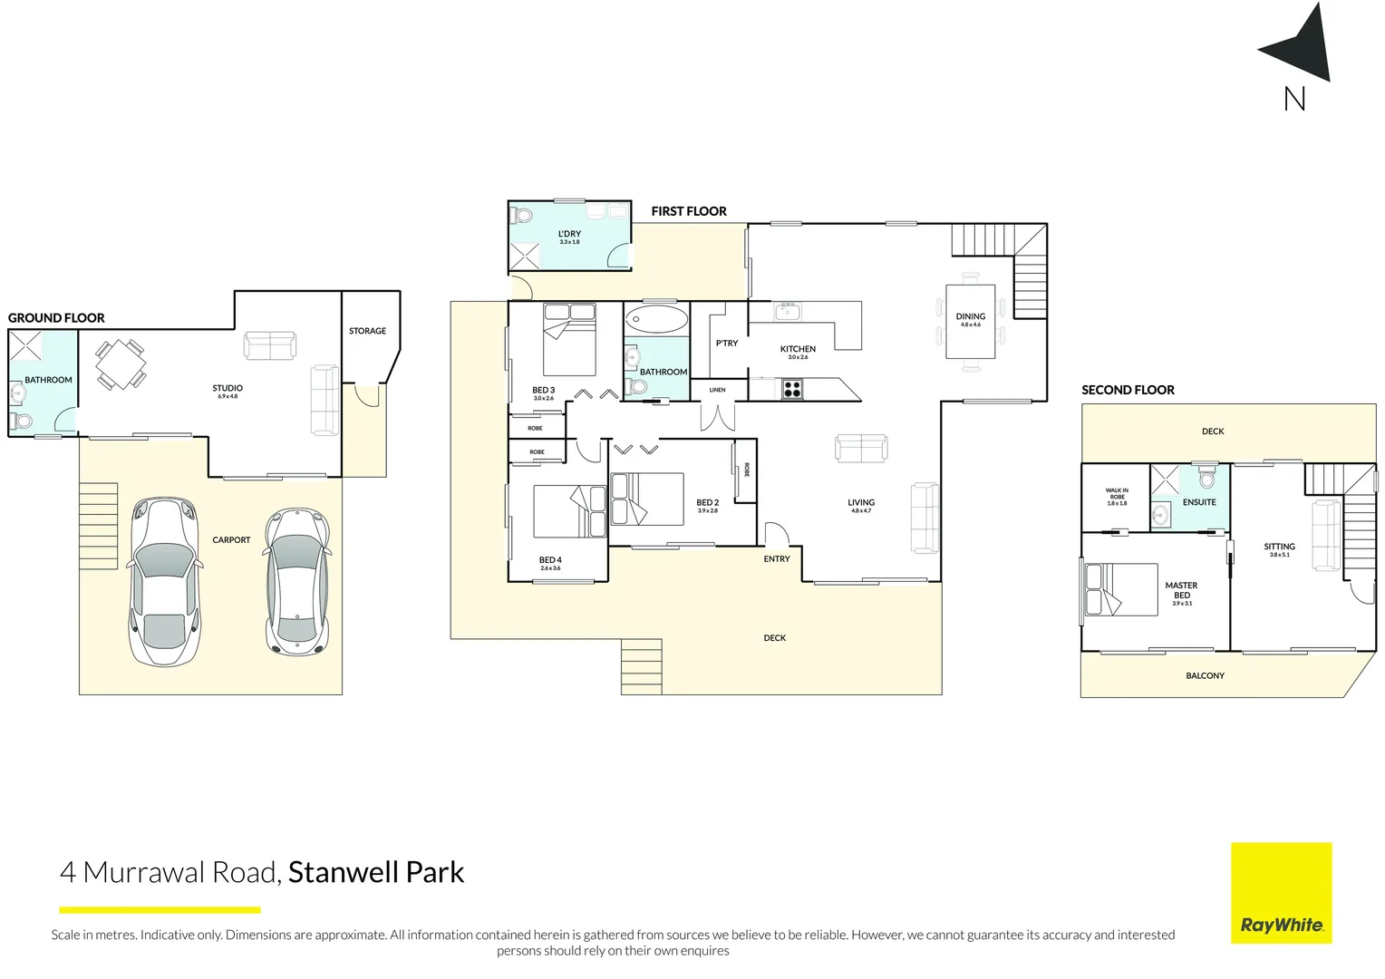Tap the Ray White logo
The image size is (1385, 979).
(1281, 893)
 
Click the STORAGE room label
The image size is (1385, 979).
(367, 331)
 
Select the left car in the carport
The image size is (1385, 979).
(164, 581)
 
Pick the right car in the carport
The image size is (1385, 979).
(296, 581)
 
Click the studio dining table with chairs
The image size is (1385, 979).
(121, 364)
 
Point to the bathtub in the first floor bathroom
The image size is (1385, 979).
(656, 320)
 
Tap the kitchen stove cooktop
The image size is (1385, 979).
(792, 389)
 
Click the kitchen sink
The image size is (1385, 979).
(787, 312)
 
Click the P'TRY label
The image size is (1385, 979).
(727, 344)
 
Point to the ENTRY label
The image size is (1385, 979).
(777, 559)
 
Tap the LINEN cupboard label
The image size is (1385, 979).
(718, 390)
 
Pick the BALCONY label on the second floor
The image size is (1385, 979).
(1205, 676)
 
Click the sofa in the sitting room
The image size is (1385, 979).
(1326, 535)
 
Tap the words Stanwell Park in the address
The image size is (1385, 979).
(376, 872)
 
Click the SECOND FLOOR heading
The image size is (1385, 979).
(1128, 390)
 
